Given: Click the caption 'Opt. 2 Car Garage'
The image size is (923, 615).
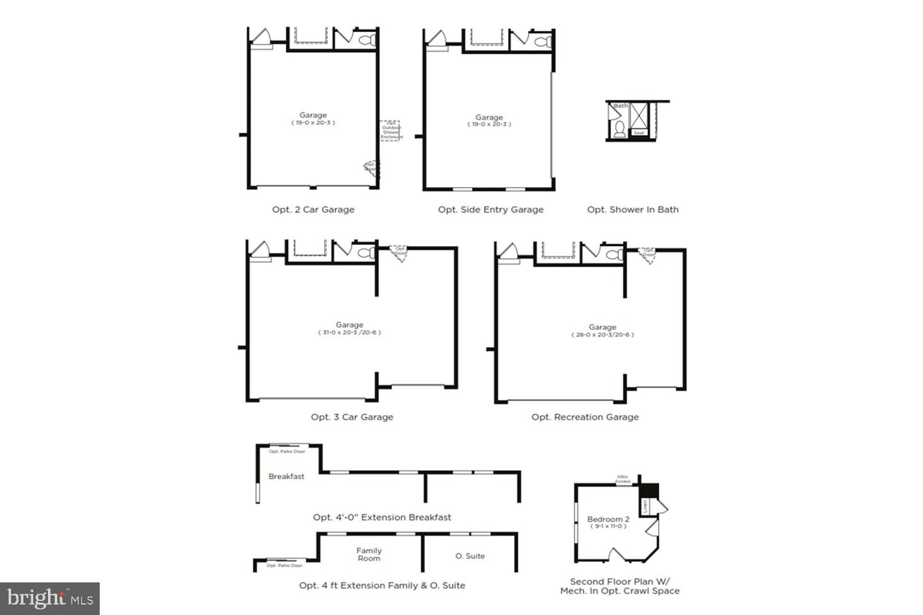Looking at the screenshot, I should [313, 209].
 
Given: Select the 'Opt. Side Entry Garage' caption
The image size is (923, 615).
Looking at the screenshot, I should [490, 209].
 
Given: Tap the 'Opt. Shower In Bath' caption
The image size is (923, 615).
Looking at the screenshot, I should [633, 209].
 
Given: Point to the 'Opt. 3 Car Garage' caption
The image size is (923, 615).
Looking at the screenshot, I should [352, 417].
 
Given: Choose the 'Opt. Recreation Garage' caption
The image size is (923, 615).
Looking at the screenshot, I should [585, 417].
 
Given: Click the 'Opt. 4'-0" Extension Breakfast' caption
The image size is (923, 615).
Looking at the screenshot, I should [382, 517].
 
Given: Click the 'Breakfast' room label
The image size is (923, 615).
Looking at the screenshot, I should [287, 477].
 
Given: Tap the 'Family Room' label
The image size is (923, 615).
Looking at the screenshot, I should [369, 554].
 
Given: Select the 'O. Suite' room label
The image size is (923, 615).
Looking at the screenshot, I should [470, 556].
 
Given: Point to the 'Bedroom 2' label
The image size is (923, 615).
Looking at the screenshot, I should [608, 519].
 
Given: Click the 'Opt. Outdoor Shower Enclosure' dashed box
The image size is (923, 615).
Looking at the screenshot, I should [390, 130].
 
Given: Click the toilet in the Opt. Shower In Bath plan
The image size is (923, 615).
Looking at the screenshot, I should [619, 130].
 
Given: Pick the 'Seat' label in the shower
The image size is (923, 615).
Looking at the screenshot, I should [639, 133].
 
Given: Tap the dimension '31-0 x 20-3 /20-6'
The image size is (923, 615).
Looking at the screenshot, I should [349, 332].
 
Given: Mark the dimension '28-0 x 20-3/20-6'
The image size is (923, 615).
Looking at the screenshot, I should [603, 334].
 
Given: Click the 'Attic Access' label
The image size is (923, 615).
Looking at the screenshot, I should [623, 479].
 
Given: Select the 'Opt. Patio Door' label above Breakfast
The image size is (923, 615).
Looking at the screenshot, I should [287, 452].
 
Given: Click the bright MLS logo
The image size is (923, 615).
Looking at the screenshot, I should [50, 599].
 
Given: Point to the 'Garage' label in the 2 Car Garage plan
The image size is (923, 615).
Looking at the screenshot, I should [313, 115].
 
